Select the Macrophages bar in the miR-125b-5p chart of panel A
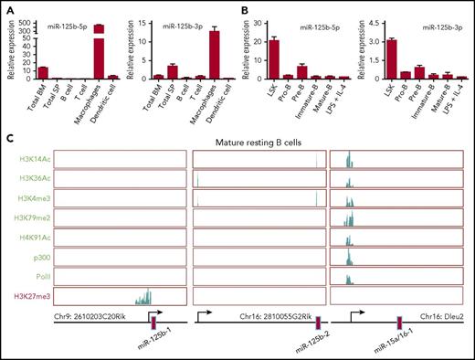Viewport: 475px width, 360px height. pos(99,55)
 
